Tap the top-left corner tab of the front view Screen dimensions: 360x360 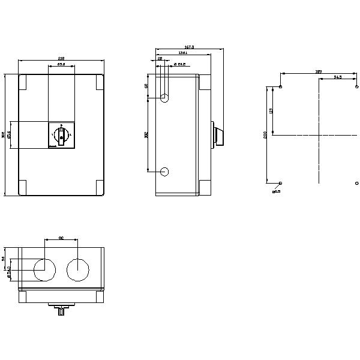click(x=23, y=82)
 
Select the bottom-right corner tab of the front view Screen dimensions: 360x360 click(x=100, y=187)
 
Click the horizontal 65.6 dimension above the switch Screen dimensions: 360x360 click(x=61, y=65)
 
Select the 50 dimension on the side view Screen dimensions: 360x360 click(x=146, y=86)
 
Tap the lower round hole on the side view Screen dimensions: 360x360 click(x=164, y=172)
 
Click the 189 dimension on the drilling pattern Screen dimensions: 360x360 click(x=319, y=72)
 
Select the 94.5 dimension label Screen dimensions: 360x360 click(x=338, y=77)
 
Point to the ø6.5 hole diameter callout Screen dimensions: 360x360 click(x=276, y=191)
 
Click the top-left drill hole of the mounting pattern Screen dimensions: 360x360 click(x=281, y=86)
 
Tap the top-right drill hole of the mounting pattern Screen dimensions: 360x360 click(x=357, y=86)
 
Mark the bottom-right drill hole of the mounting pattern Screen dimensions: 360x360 click(x=357, y=182)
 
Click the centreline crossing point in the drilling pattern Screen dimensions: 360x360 click(x=319, y=135)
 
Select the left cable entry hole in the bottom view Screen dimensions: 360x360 click(x=44, y=270)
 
